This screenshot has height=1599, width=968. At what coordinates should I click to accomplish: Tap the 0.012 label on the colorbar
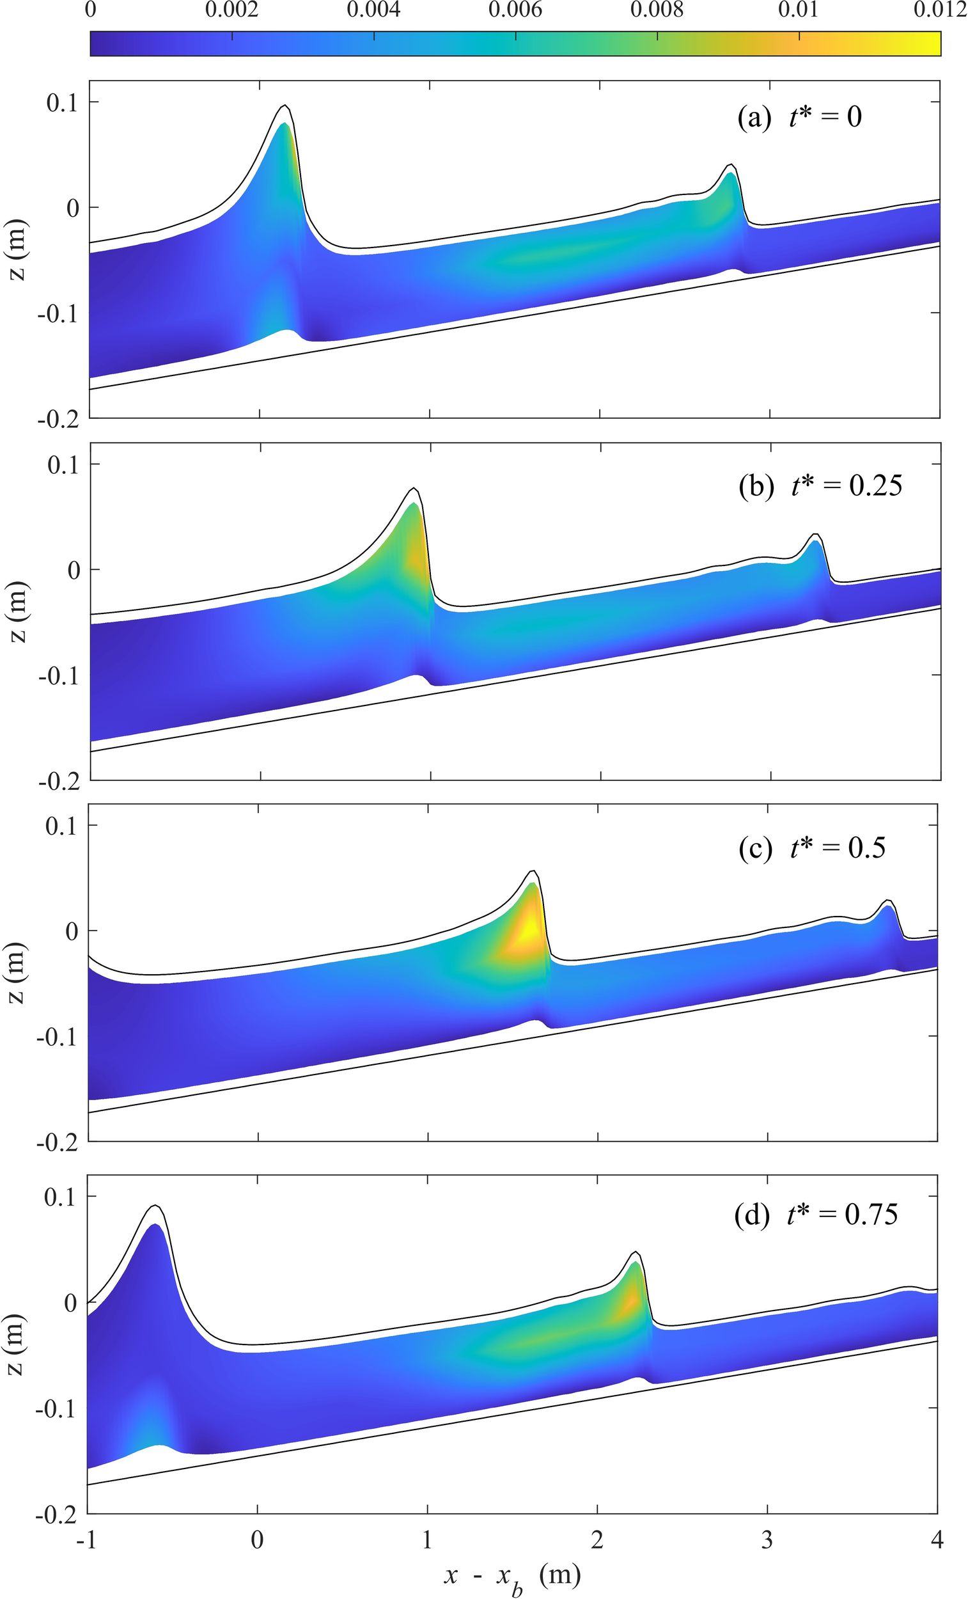click(940, 11)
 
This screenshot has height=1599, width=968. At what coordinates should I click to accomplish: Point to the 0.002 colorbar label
click(231, 11)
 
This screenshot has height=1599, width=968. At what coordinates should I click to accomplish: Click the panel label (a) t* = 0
click(799, 118)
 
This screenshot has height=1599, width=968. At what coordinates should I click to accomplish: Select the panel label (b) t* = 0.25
click(820, 486)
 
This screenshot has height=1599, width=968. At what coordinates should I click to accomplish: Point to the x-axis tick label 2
click(597, 1540)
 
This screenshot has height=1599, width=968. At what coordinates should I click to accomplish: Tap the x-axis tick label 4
click(937, 1540)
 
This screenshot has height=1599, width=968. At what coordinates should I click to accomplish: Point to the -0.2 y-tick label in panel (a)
click(58, 419)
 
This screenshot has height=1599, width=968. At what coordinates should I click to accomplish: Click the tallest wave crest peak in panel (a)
click(284, 106)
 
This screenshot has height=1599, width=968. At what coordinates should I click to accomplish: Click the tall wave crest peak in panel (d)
click(155, 1206)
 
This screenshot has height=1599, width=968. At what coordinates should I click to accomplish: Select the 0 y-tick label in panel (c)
click(72, 931)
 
